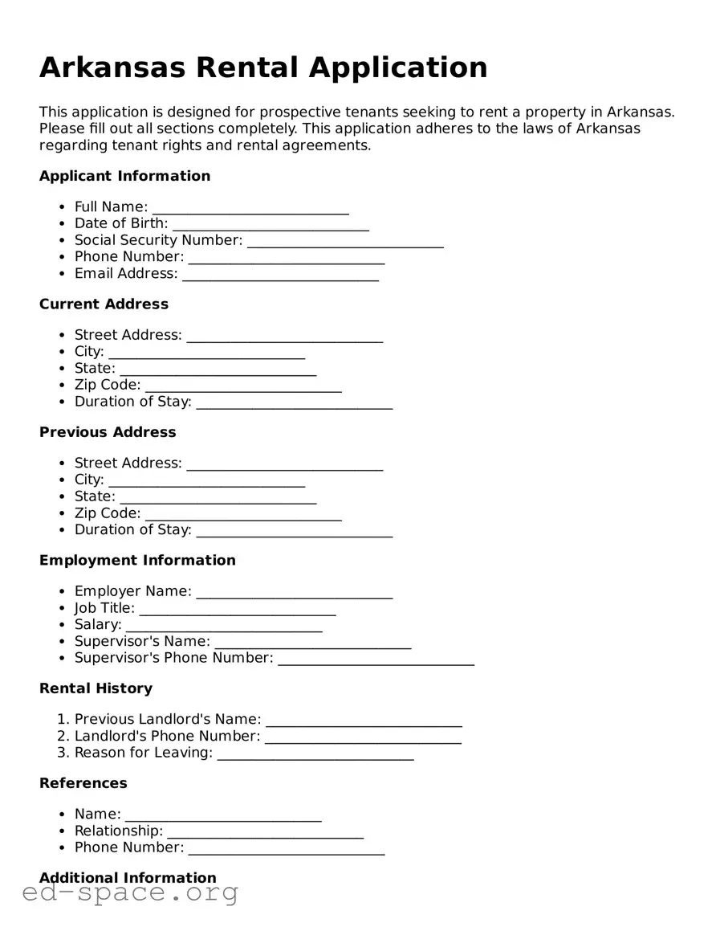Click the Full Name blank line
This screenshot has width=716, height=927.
[x=250, y=208]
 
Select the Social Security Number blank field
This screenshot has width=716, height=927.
[x=345, y=241]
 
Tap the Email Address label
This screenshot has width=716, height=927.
[x=126, y=274]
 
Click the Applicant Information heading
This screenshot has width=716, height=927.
[x=124, y=176]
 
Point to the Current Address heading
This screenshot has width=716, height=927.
[x=104, y=304]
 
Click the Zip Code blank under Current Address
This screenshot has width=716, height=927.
[x=243, y=386]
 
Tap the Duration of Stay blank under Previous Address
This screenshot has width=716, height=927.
[x=294, y=530]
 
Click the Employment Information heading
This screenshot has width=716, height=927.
[x=137, y=560]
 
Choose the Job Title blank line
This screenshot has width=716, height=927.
[x=237, y=609]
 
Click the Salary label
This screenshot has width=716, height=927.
[x=98, y=625]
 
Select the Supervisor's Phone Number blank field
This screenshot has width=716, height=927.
[x=376, y=659]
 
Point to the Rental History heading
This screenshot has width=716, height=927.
[x=96, y=688]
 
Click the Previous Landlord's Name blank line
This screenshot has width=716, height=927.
[x=364, y=720]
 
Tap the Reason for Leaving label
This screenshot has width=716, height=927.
[x=144, y=753]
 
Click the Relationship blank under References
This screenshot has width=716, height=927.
[x=265, y=831]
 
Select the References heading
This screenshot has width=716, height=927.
[x=83, y=783]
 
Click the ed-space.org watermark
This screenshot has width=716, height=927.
[x=130, y=893]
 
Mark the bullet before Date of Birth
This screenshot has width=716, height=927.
[x=63, y=224]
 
